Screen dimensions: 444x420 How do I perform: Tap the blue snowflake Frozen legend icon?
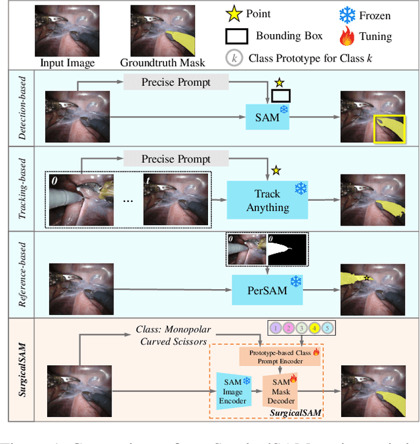(x=348, y=14)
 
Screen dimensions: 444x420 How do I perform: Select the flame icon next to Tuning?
(x=348, y=36)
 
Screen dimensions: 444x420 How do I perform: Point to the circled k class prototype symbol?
(x=234, y=58)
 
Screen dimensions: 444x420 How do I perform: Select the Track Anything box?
(x=267, y=200)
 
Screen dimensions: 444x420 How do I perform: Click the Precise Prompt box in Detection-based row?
(x=176, y=82)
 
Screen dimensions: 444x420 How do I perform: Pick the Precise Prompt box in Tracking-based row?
(x=176, y=159)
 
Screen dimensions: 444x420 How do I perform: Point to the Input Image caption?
(x=68, y=63)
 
